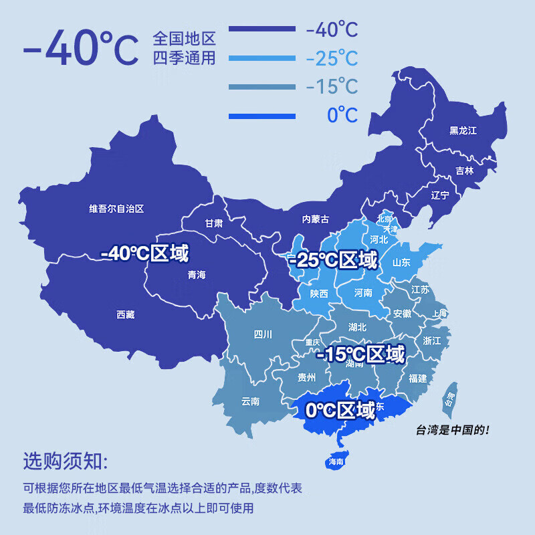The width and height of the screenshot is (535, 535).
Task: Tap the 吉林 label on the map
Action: (464, 171)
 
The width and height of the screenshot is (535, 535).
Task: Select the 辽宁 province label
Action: (440, 195)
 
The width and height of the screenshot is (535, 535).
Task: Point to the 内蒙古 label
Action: (315, 219)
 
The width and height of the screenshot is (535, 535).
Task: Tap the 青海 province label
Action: (197, 275)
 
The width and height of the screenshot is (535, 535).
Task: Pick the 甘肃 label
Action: (214, 223)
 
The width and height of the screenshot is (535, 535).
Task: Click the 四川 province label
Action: (263, 335)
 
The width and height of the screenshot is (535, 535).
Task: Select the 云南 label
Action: (250, 401)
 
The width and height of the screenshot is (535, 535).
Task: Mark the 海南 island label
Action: (336, 461)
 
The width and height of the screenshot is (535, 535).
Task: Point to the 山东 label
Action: (401, 263)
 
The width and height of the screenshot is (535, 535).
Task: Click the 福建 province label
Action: (417, 378)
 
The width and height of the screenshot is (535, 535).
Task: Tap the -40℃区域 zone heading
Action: (144, 253)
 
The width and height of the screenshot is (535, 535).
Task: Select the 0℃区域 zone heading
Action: (340, 409)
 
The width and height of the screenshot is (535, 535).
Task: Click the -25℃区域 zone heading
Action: (333, 259)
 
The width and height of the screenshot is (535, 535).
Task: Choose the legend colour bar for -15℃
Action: (261, 87)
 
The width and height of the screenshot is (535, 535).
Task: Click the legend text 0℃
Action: (342, 116)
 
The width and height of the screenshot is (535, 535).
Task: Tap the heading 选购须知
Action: (64, 461)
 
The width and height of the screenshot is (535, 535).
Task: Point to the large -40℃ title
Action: (80, 49)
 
